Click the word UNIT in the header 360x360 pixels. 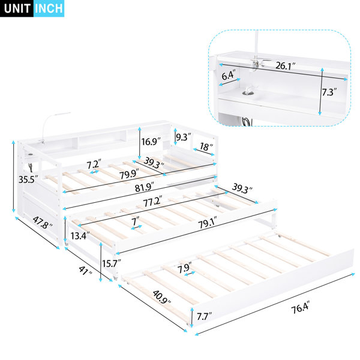pos(17,8)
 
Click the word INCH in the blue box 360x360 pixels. pos(49,8)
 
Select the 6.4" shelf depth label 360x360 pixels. pos(229,75)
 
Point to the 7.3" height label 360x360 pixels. pos(329,92)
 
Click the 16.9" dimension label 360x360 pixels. pos(151,141)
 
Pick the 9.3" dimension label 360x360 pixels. pos(183,137)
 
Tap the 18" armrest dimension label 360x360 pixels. pos(206,147)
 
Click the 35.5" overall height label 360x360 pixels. pos(28,179)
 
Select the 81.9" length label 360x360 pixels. pos(144,187)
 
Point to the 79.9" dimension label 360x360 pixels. pos(129,174)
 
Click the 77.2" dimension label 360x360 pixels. pos(152,202)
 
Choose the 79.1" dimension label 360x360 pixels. pos(208,223)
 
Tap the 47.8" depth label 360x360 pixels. pos(43,223)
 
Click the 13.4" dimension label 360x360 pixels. pos(80,236)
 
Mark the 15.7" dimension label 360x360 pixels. pos(112,263)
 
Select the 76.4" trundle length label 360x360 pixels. pos(301,307)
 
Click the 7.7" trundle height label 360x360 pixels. pos(204,317)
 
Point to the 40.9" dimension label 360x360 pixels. pos(162,297)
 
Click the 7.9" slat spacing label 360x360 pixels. pos(184,268)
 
